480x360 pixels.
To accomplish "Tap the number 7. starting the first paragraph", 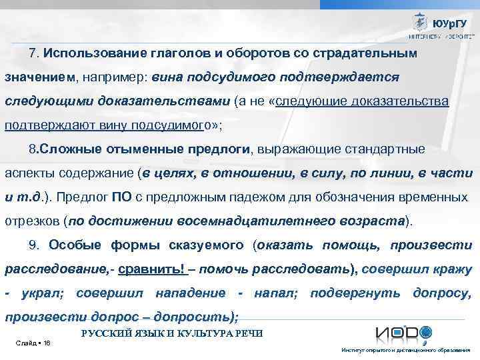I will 34,53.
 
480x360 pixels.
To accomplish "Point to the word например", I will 117,77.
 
